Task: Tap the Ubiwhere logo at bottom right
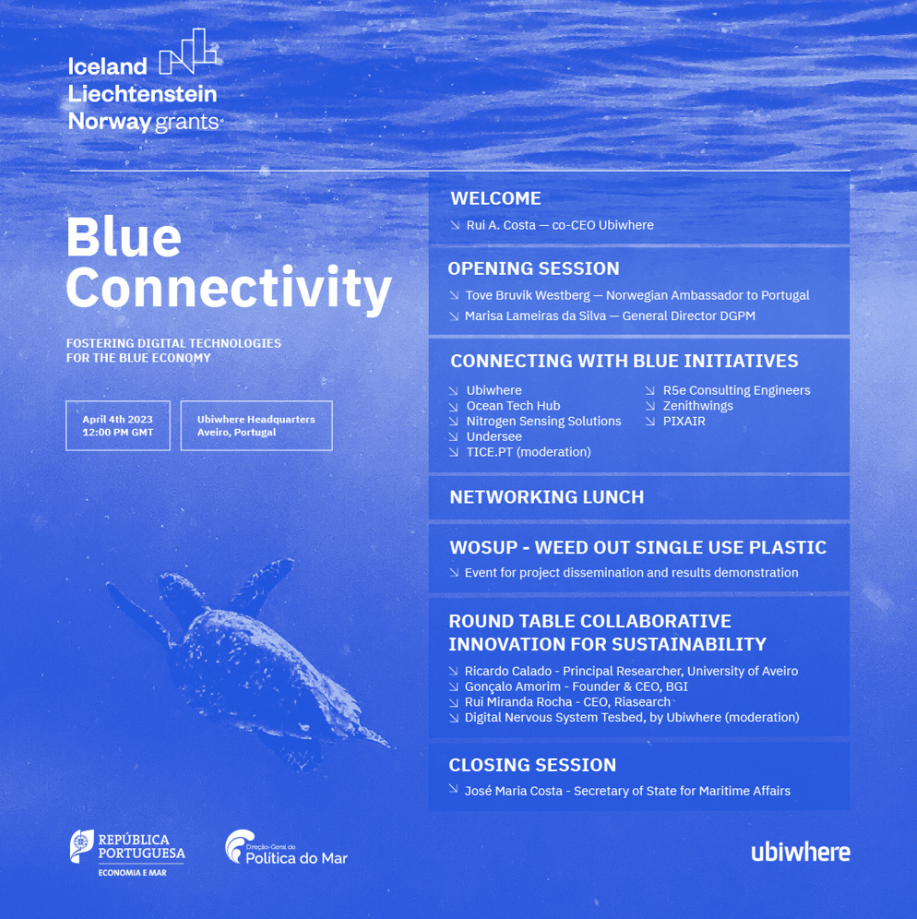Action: click(x=800, y=852)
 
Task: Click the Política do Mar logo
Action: click(x=286, y=849)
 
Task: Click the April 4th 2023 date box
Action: click(x=117, y=425)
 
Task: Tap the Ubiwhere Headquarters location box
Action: click(x=256, y=425)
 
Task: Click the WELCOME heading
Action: click(x=495, y=198)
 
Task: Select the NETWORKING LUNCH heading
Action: click(x=546, y=497)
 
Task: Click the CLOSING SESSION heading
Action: click(x=532, y=765)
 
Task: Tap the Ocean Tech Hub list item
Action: click(x=513, y=406)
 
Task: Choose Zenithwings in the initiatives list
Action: click(x=697, y=406)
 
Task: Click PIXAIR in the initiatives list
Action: click(x=684, y=422)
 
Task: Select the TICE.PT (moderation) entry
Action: click(x=528, y=452)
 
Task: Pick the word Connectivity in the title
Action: click(x=229, y=289)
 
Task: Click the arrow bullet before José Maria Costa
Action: click(x=454, y=789)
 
